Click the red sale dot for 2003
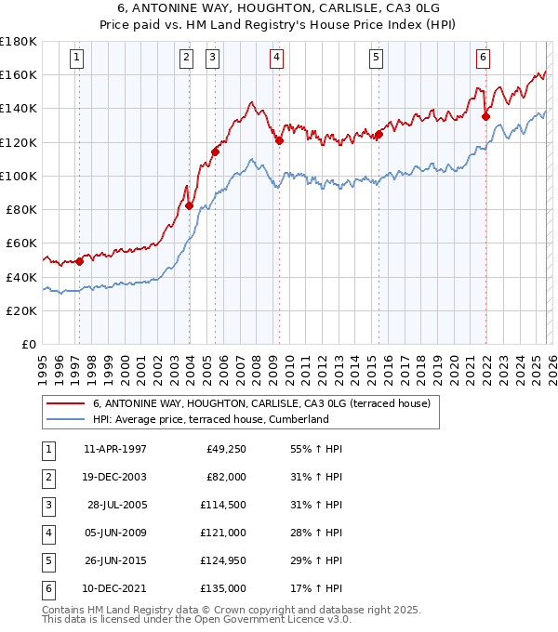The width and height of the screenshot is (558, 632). [x=189, y=206]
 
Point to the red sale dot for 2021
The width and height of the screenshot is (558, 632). [x=485, y=116]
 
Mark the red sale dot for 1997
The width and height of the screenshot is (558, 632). [x=79, y=261]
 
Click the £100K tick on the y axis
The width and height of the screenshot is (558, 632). [x=19, y=176]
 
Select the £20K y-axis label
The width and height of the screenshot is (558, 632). [x=21, y=310]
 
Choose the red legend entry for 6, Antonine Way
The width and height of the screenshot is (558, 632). [x=260, y=403]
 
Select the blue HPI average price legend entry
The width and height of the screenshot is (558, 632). [x=210, y=419]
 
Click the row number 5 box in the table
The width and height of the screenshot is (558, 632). [x=47, y=560]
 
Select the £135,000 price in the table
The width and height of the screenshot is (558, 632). [x=223, y=588]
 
